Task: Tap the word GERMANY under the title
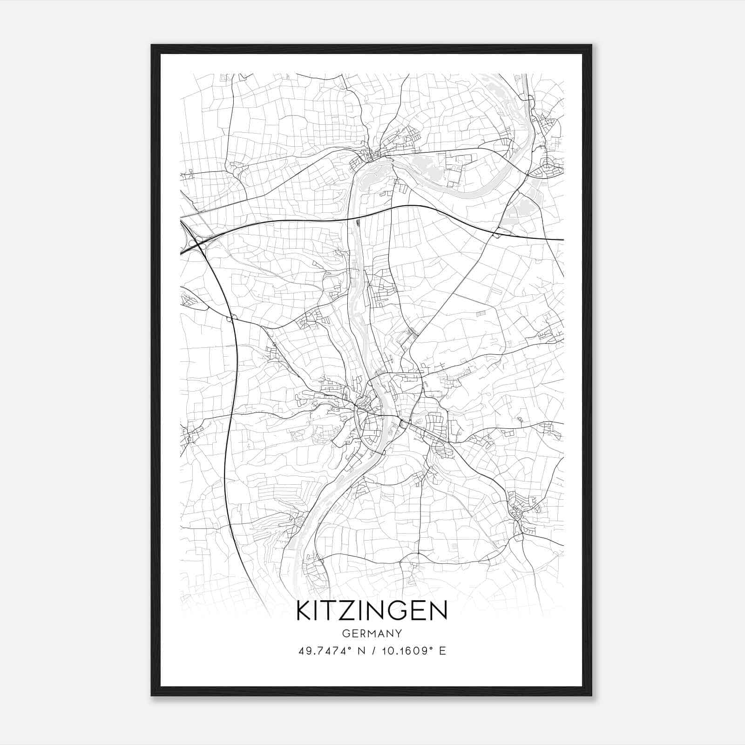coord(372,633)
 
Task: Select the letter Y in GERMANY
coord(398,633)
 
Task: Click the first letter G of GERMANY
coord(345,633)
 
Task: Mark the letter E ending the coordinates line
coord(443,651)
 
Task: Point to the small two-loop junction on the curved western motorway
coord(231,318)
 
